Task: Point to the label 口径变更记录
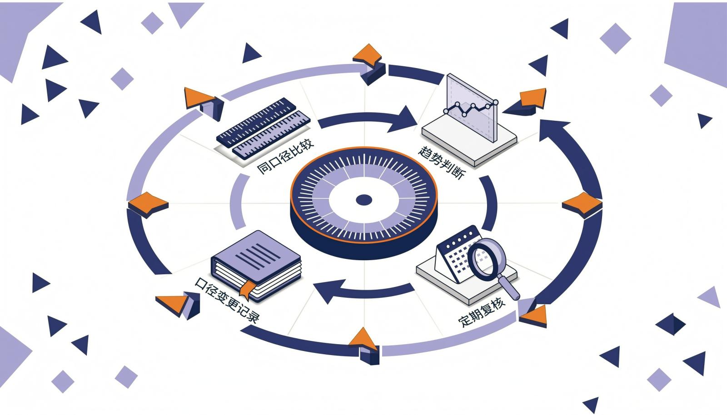click(227, 300)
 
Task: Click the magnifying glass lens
click(486, 257)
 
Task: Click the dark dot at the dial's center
click(364, 200)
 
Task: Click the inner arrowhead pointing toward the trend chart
click(403, 119)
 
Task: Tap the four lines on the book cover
click(258, 256)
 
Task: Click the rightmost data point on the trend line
click(496, 103)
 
